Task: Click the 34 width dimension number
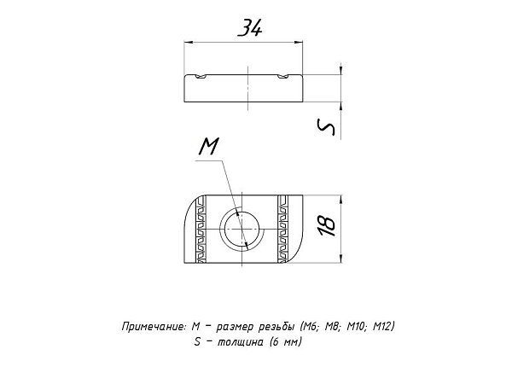[250, 27]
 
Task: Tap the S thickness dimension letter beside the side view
[326, 127]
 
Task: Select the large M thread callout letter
[209, 146]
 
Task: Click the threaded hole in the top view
[241, 230]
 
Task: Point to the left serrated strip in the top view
[201, 229]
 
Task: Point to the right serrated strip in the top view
[282, 229]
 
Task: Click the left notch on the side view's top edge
[201, 76]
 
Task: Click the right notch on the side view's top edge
[283, 76]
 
